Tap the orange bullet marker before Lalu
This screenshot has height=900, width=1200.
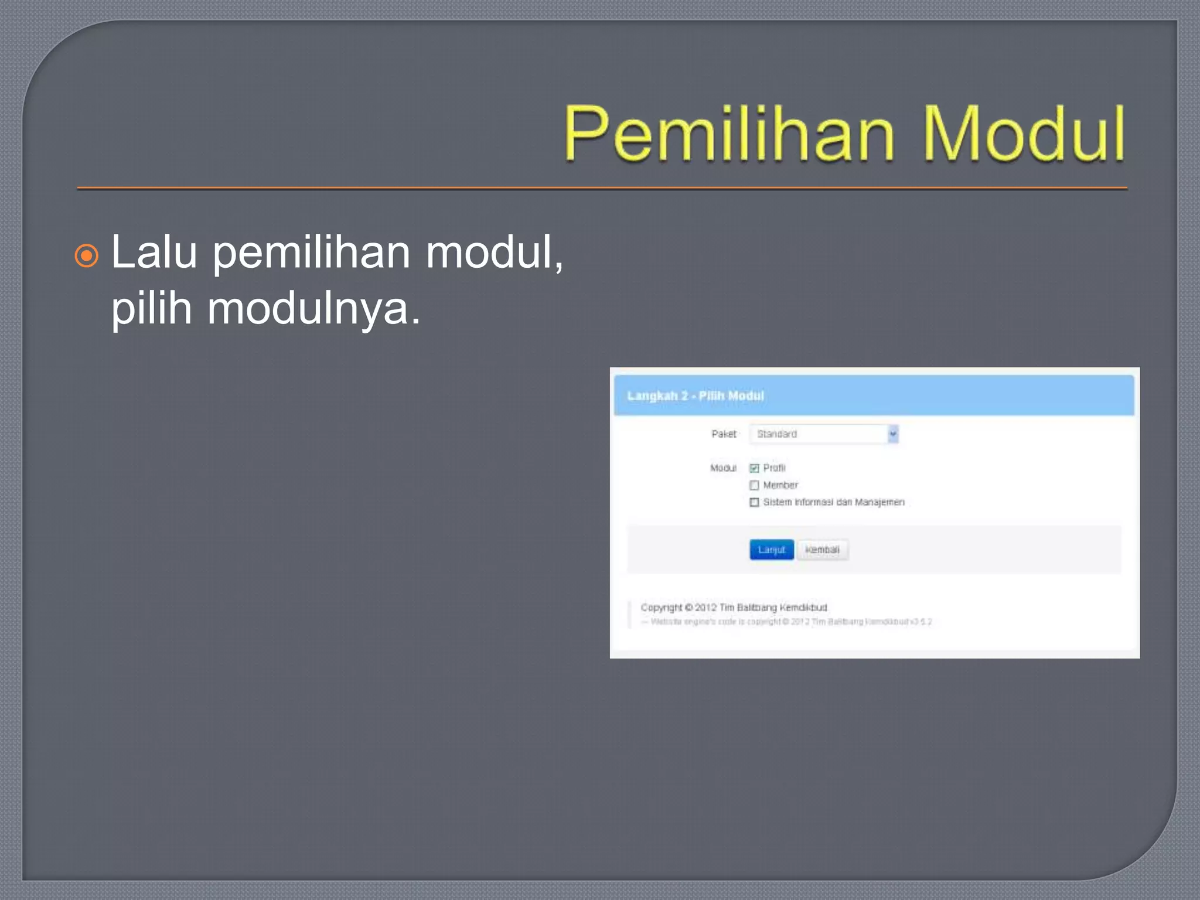click(x=87, y=255)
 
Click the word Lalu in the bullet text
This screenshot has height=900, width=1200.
click(x=154, y=253)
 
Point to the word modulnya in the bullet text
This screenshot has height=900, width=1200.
click(x=307, y=309)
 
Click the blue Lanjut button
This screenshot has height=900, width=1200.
click(x=771, y=550)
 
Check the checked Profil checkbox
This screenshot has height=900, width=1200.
click(x=754, y=468)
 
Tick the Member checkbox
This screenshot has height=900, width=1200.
click(x=754, y=485)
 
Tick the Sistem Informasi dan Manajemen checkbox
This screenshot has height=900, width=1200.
click(x=754, y=502)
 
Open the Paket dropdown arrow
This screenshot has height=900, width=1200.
click(x=892, y=434)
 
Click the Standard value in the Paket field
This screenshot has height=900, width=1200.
click(x=777, y=434)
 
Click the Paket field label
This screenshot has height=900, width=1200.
click(x=724, y=434)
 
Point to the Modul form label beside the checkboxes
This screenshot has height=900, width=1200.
click(x=723, y=468)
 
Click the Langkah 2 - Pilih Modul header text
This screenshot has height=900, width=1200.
click(x=696, y=396)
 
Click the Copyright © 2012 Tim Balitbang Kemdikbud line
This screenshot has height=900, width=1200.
click(x=734, y=608)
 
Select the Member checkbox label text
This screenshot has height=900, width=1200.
click(x=780, y=485)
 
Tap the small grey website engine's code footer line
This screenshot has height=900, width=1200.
click(x=785, y=622)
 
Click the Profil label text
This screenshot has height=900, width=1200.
click(x=774, y=468)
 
